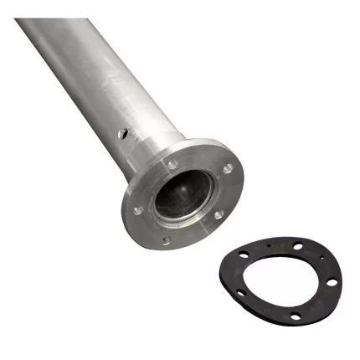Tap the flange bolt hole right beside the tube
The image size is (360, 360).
coord(172,164)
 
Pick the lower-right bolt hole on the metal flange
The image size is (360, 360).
coord(219,214)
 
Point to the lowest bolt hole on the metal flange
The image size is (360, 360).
coord(166,240)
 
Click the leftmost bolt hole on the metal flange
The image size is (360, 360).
coord(136,210)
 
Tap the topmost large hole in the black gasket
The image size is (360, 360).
coord(299,246)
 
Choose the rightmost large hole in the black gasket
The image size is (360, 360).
coord(332,282)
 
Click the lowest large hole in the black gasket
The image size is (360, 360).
coord(295,316)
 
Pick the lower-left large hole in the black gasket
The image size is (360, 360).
coord(240,293)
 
